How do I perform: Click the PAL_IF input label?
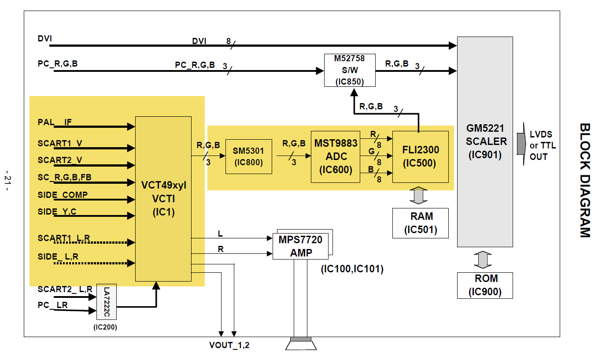[x=55, y=122]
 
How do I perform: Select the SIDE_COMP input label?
[x=63, y=195]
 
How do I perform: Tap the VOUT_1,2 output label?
[x=229, y=345]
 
